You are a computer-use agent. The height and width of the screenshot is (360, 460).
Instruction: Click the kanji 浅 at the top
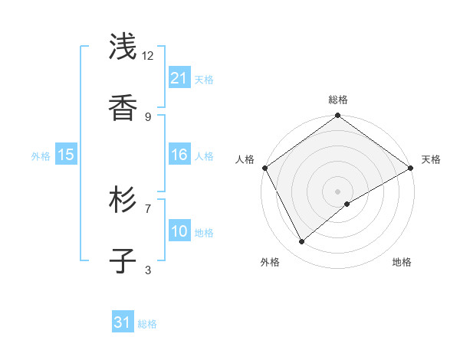124,48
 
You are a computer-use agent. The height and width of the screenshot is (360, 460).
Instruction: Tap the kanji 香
124,109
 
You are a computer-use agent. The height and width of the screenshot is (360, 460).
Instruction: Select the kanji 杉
124,200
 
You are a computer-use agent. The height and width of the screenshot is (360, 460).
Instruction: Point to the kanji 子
124,261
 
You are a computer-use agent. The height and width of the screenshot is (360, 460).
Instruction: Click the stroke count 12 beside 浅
148,56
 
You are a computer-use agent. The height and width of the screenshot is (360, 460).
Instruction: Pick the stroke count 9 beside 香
148,116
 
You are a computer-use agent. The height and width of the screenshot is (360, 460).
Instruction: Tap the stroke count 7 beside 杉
148,208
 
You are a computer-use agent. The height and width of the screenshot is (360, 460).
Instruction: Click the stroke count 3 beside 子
148,269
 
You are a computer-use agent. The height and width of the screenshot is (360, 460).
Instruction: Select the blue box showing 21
179,78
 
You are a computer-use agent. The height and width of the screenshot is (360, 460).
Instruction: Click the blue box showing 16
179,155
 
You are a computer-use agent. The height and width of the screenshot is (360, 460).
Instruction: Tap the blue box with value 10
179,231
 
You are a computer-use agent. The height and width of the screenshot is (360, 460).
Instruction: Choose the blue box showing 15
66,155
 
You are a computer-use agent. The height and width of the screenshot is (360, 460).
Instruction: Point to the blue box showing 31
123,322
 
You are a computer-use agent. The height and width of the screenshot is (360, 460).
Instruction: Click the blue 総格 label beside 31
147,324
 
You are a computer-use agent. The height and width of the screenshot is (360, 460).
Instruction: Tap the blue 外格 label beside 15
41,155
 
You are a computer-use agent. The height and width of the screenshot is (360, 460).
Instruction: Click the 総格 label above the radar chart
338,100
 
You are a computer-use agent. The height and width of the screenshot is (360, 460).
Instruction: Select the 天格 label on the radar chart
431,159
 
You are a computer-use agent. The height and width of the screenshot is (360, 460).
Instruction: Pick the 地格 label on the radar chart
402,262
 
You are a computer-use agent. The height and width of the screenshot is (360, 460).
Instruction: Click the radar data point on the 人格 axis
264,168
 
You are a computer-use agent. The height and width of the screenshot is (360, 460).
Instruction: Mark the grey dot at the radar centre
338,191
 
